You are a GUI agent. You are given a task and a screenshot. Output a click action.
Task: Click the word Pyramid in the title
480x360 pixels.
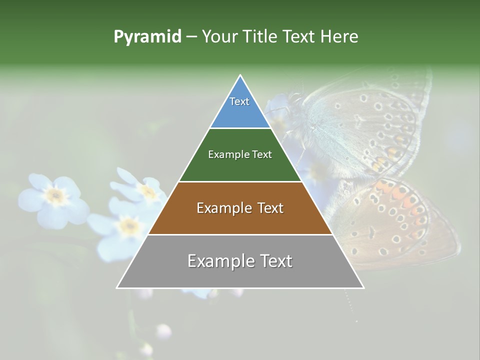[x=147, y=37]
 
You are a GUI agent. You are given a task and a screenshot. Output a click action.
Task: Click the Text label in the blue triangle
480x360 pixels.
[x=239, y=101]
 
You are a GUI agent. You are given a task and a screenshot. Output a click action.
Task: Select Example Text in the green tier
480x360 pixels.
[x=240, y=154]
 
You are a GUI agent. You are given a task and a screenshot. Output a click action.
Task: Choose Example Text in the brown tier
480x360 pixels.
[x=240, y=208]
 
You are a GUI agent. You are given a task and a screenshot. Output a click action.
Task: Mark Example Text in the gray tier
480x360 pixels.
[x=240, y=261]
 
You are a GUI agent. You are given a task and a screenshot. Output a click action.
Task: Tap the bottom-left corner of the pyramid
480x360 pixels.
[x=117, y=287]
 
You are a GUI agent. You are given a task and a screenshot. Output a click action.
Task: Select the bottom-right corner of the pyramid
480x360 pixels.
[x=363, y=287]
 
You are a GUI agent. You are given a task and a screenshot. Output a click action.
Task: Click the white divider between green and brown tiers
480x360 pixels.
[x=240, y=181]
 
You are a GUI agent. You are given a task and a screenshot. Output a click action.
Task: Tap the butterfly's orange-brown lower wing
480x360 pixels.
[x=395, y=220]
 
